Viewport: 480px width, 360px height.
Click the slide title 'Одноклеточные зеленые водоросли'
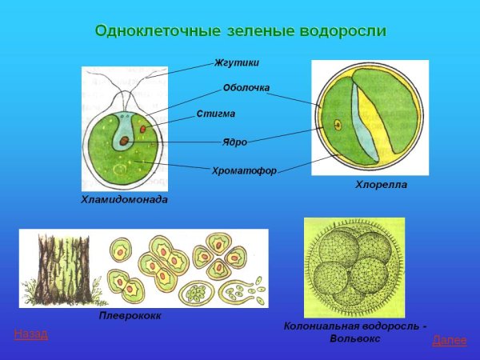coord(240,31)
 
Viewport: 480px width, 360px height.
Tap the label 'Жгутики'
coord(237,62)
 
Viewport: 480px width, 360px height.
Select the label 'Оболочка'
coord(246,88)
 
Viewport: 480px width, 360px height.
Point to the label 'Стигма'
coord(216,114)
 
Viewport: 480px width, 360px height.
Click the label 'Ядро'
coord(234,142)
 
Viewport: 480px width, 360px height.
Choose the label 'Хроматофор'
coord(244,170)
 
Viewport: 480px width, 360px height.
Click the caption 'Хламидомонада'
coord(125,199)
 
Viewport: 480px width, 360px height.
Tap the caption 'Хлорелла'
coord(381,185)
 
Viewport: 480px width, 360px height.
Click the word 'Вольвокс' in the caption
coord(355,338)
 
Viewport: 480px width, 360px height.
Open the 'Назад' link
coord(31,334)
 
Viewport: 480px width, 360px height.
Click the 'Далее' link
coord(449,341)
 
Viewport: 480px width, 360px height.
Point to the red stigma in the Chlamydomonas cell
coord(143,128)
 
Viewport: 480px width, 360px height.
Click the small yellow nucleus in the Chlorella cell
coord(338,125)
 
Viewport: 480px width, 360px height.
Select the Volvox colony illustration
coord(354,267)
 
